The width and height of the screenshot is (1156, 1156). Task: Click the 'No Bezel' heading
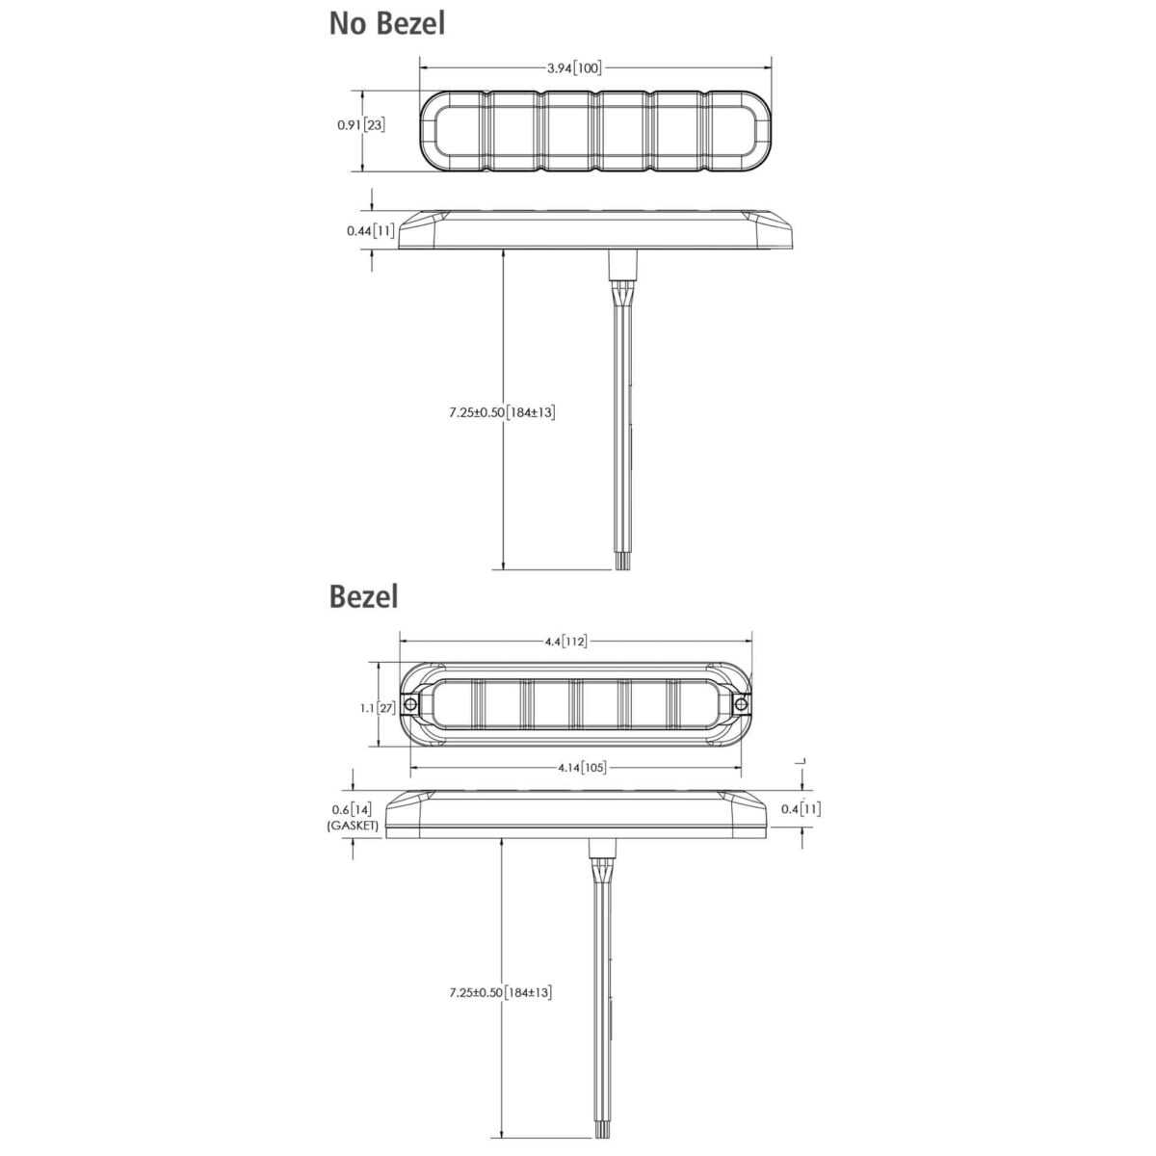387,24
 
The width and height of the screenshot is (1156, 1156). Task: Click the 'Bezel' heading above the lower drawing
363,597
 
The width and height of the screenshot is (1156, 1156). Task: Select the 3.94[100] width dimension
574,67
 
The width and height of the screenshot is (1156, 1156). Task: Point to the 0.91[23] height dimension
361,125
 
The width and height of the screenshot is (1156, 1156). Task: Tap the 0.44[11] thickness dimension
371,230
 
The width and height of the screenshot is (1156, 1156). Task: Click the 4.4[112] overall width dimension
565,642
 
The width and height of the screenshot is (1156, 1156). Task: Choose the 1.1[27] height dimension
378,708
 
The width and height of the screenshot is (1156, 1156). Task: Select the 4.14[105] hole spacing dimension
582,767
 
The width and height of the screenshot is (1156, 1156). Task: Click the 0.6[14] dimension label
353,809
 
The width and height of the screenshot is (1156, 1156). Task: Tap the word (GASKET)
353,826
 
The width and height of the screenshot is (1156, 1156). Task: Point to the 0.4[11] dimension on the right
801,808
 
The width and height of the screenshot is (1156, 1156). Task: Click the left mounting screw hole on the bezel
411,703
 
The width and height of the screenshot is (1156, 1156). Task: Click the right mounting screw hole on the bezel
742,703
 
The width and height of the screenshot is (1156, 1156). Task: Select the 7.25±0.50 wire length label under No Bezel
502,412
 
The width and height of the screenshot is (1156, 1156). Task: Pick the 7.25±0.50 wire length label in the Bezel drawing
501,992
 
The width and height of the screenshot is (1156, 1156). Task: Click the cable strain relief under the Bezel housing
602,848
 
